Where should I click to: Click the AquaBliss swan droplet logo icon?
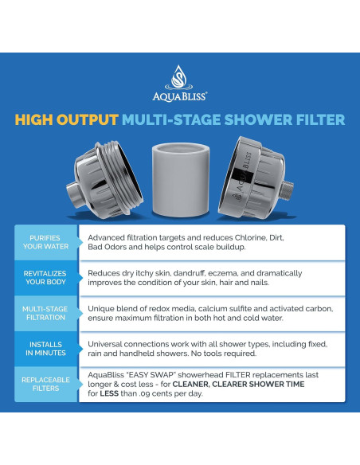179,77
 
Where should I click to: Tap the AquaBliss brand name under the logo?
179,95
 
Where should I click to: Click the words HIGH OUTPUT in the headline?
65,120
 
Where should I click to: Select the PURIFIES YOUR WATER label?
45,243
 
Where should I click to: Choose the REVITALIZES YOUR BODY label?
45,278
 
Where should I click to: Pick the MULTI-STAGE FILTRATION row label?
45,314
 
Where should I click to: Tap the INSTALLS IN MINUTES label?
45,350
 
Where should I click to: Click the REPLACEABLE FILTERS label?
45,385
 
